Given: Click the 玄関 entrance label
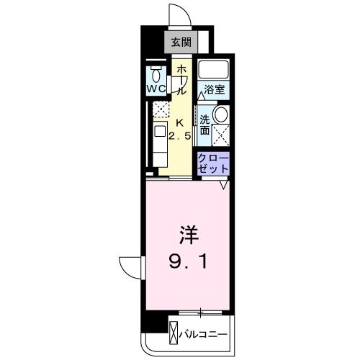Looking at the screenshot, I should [x=181, y=42].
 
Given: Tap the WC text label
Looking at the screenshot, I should [x=156, y=89].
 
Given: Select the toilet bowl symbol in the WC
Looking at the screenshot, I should [x=156, y=73].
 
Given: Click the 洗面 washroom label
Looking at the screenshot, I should [x=205, y=125].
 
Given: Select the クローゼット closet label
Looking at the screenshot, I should [x=213, y=163].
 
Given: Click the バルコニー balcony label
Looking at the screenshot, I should [x=204, y=335].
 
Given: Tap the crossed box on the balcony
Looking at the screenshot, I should [x=175, y=335].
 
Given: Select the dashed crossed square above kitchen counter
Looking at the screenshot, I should [x=160, y=109].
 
